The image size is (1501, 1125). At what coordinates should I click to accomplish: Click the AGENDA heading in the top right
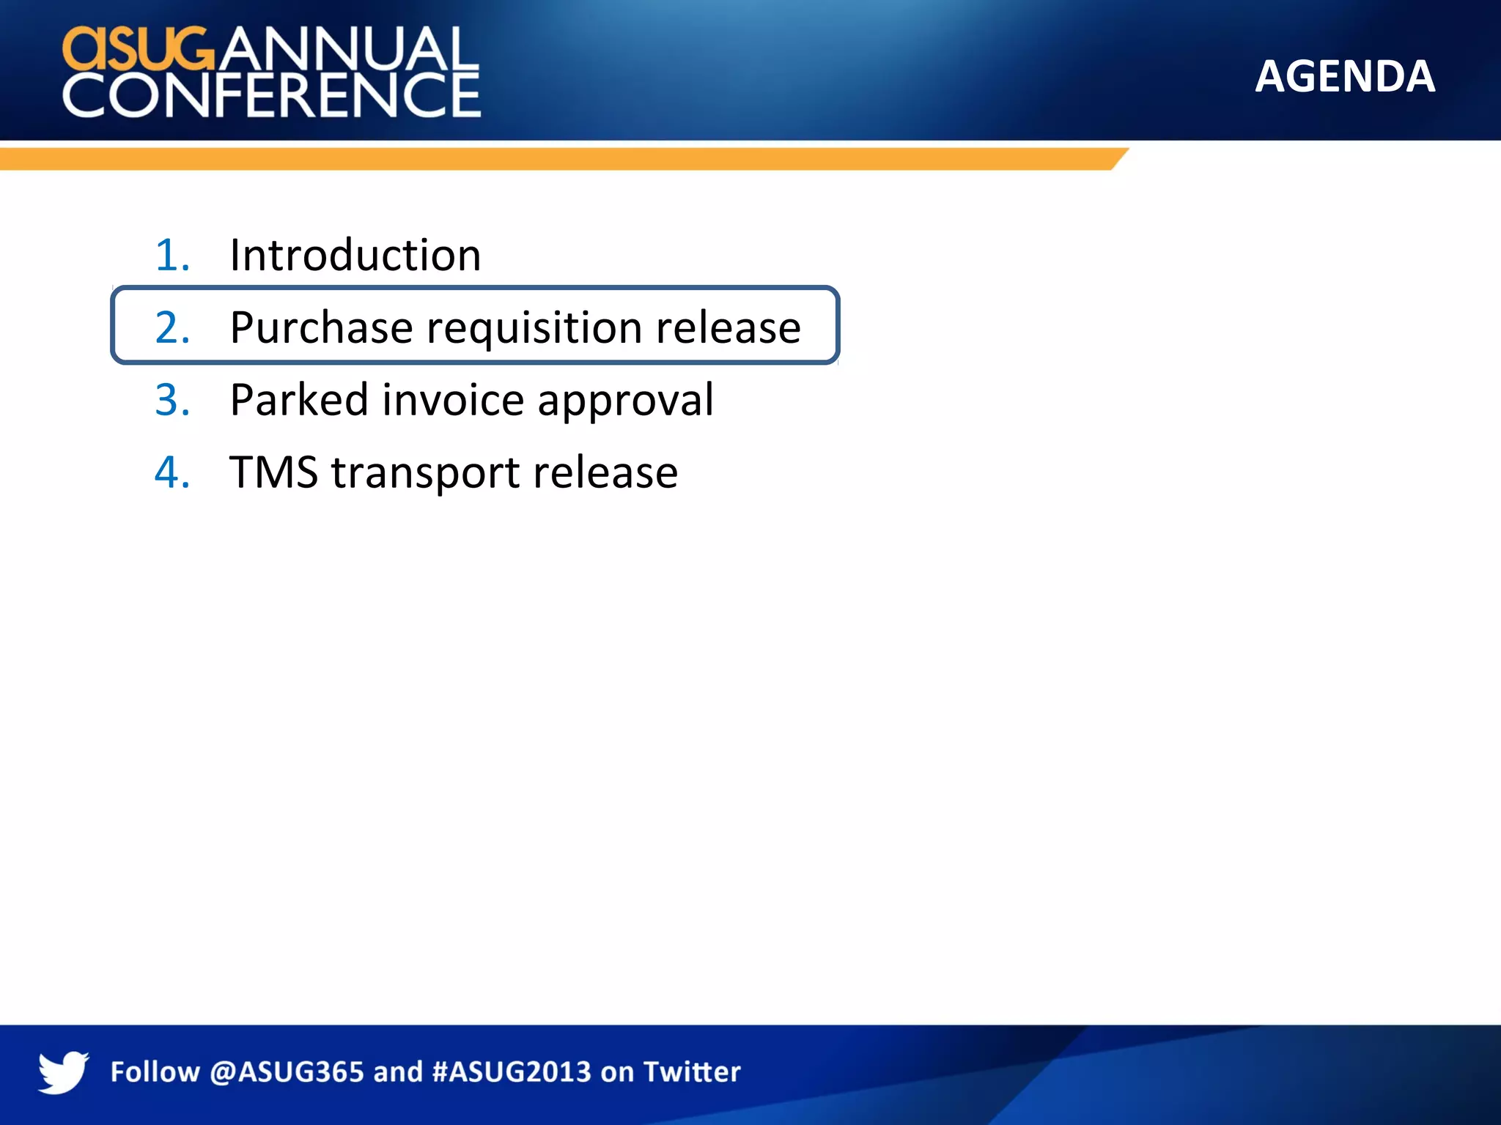point(1344,76)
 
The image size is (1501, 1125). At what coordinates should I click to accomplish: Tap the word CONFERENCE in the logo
point(271,95)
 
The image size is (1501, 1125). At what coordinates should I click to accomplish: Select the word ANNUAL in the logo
point(348,49)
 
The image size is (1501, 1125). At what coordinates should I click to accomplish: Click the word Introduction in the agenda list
point(355,256)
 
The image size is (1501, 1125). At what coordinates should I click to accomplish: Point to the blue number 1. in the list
point(173,256)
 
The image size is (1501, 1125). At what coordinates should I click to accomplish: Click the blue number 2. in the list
point(173,327)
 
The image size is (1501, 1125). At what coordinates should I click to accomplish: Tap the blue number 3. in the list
point(173,400)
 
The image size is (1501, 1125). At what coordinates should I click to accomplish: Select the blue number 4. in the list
point(173,472)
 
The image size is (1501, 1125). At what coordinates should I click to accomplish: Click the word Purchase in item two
point(321,327)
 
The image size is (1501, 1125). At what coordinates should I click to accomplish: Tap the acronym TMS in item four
point(273,472)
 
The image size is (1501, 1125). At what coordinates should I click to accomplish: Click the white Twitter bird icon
point(64,1072)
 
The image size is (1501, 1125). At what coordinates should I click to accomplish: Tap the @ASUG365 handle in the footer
point(287,1072)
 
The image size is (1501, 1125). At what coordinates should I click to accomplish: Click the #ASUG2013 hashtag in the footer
point(512,1072)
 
